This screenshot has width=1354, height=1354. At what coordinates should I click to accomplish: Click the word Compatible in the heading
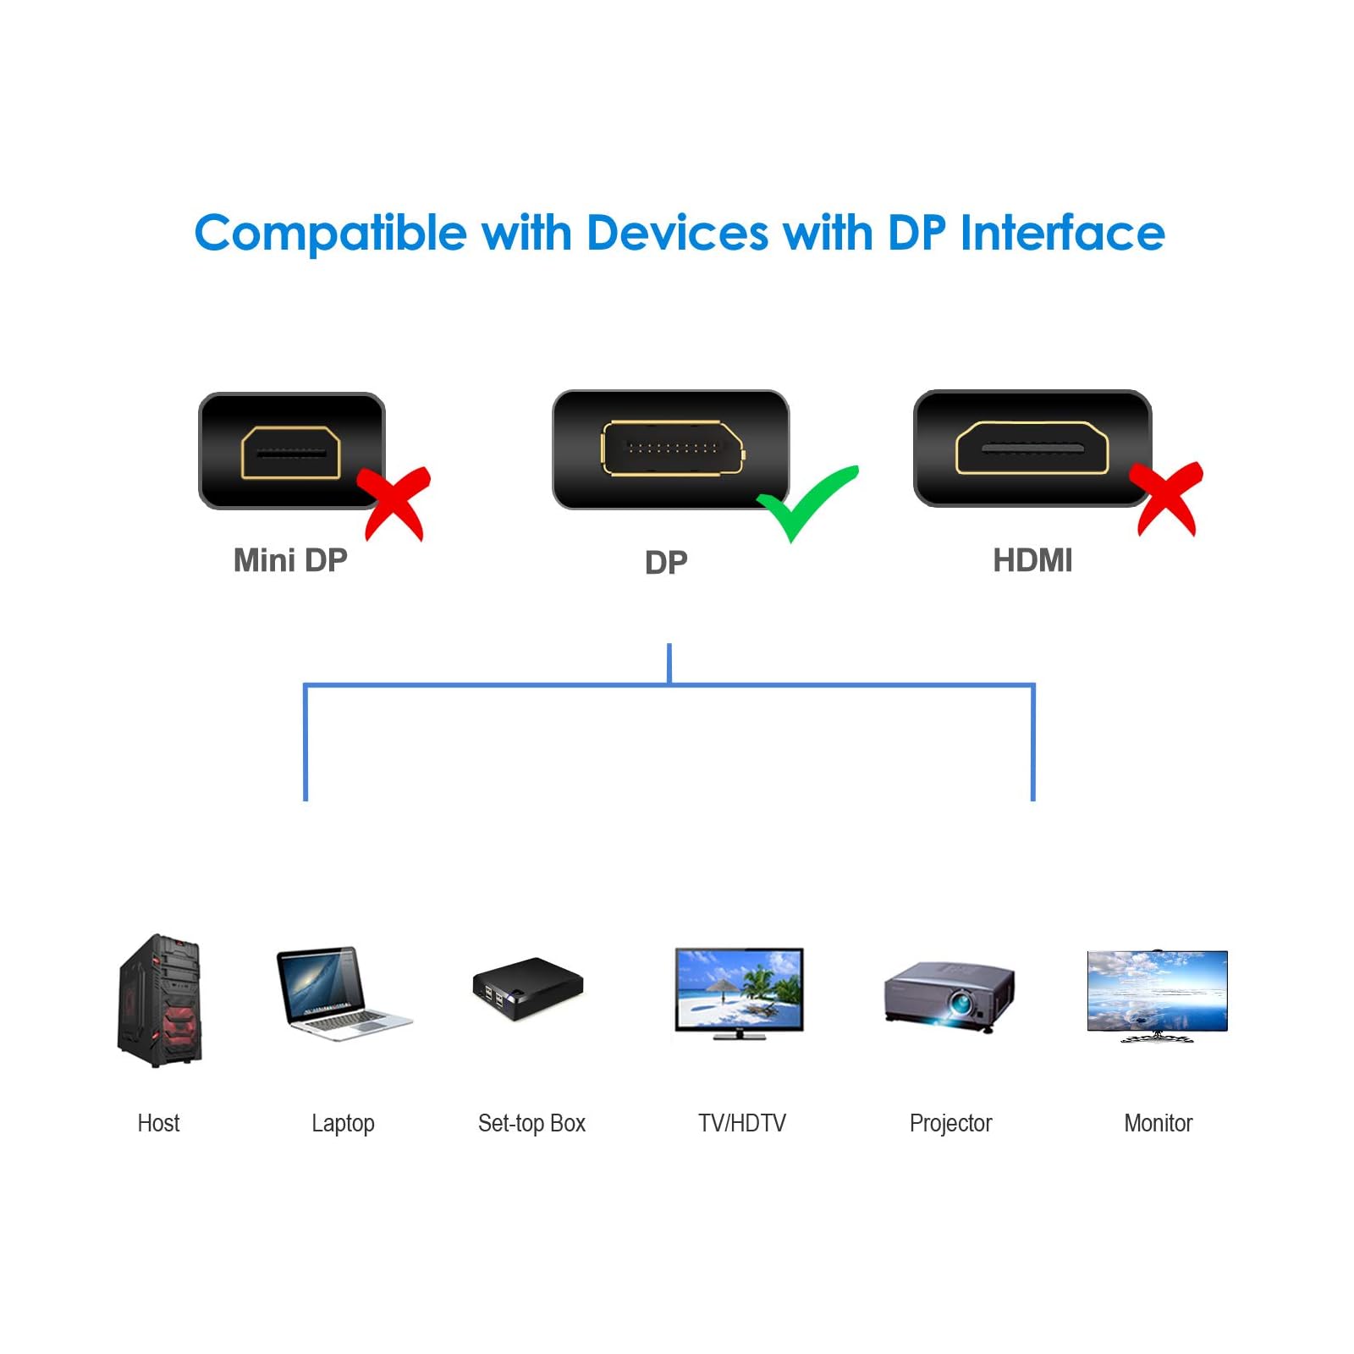click(x=330, y=234)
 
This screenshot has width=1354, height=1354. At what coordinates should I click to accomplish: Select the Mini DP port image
click(x=291, y=450)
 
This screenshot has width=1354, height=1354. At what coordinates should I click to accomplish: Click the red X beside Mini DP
click(x=395, y=501)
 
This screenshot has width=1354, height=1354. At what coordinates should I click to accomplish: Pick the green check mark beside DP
click(x=806, y=500)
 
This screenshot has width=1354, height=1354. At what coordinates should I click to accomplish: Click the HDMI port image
click(x=1032, y=449)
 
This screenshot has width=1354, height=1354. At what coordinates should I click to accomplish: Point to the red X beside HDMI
click(x=1167, y=498)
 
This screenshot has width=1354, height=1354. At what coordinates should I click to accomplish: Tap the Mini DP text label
click(x=290, y=560)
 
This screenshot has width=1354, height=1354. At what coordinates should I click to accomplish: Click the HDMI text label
click(x=1032, y=560)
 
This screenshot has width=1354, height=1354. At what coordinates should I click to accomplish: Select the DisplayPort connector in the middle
click(x=671, y=449)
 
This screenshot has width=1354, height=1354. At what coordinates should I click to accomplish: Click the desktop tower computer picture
click(x=160, y=999)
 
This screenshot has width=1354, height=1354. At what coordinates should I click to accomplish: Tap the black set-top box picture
click(x=528, y=988)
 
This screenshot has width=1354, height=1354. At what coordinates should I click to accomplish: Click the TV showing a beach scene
click(x=739, y=992)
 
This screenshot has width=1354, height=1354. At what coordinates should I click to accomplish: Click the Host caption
click(x=158, y=1123)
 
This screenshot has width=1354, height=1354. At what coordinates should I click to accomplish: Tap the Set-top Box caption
click(x=531, y=1123)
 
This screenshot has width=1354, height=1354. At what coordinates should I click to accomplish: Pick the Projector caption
click(x=950, y=1123)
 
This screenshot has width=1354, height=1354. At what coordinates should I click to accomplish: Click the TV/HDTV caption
click(x=741, y=1123)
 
